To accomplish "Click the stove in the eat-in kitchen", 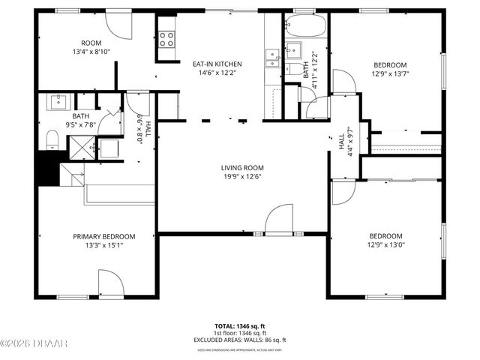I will point(166,39).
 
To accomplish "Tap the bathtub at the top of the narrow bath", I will point(306,28).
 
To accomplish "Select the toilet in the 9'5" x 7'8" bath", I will point(52,139).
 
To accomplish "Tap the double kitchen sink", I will point(272,58).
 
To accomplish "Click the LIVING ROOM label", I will point(241,167).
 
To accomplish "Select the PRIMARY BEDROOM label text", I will point(103,236).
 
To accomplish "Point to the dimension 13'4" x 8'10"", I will point(91,52).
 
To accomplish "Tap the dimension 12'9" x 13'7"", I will point(390,73).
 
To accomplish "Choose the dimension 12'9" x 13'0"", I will point(385,244).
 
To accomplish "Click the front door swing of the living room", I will point(279,220).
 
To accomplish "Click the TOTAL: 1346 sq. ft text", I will point(240,326).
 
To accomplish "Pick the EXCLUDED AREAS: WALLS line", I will point(241,340).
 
